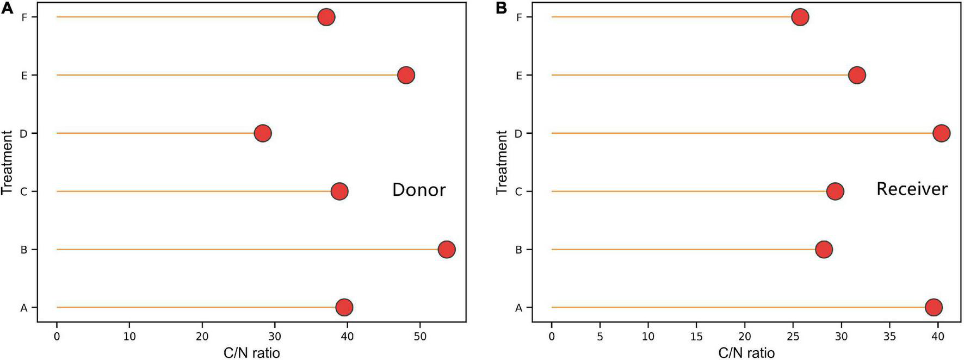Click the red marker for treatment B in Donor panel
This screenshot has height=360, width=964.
[x=446, y=250]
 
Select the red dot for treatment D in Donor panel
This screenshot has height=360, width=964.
[x=263, y=133]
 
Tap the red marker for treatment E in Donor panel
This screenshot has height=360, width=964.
[x=406, y=75]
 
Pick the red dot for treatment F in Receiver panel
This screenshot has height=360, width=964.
[x=800, y=17]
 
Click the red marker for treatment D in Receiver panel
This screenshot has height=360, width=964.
[x=942, y=133]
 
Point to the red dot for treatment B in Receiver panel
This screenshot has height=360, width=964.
[x=824, y=250]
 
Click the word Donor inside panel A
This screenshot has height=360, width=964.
[x=419, y=190]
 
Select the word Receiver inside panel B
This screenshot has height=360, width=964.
[x=912, y=189]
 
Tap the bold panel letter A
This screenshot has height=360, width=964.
[x=7, y=8]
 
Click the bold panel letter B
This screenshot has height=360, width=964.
[x=501, y=8]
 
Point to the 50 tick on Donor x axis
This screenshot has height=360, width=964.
[x=419, y=337]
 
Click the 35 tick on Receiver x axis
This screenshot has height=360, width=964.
[x=890, y=337]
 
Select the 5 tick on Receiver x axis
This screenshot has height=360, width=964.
[x=600, y=337]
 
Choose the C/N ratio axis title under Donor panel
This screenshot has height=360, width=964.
[x=251, y=353]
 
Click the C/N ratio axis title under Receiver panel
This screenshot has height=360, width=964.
[x=746, y=353]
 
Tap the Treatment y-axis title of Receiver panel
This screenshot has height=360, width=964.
[x=502, y=163]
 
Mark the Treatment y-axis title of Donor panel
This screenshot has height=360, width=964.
[x=7, y=163]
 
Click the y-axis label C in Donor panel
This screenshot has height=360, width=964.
[x=24, y=191]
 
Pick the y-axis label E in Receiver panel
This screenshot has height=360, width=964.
[x=518, y=76]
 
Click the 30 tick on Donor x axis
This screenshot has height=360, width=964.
[x=275, y=337]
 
